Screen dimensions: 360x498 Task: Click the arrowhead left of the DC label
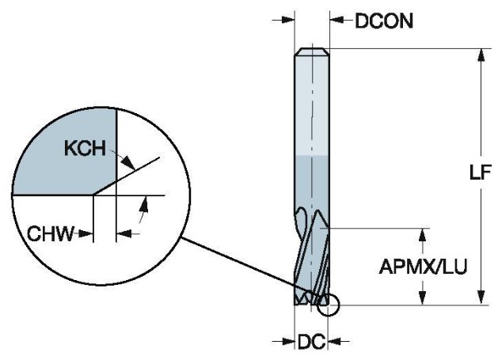pos(289,342)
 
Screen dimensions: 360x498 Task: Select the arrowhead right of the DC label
pos(333,342)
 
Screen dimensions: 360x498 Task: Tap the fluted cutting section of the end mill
pos(310,253)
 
